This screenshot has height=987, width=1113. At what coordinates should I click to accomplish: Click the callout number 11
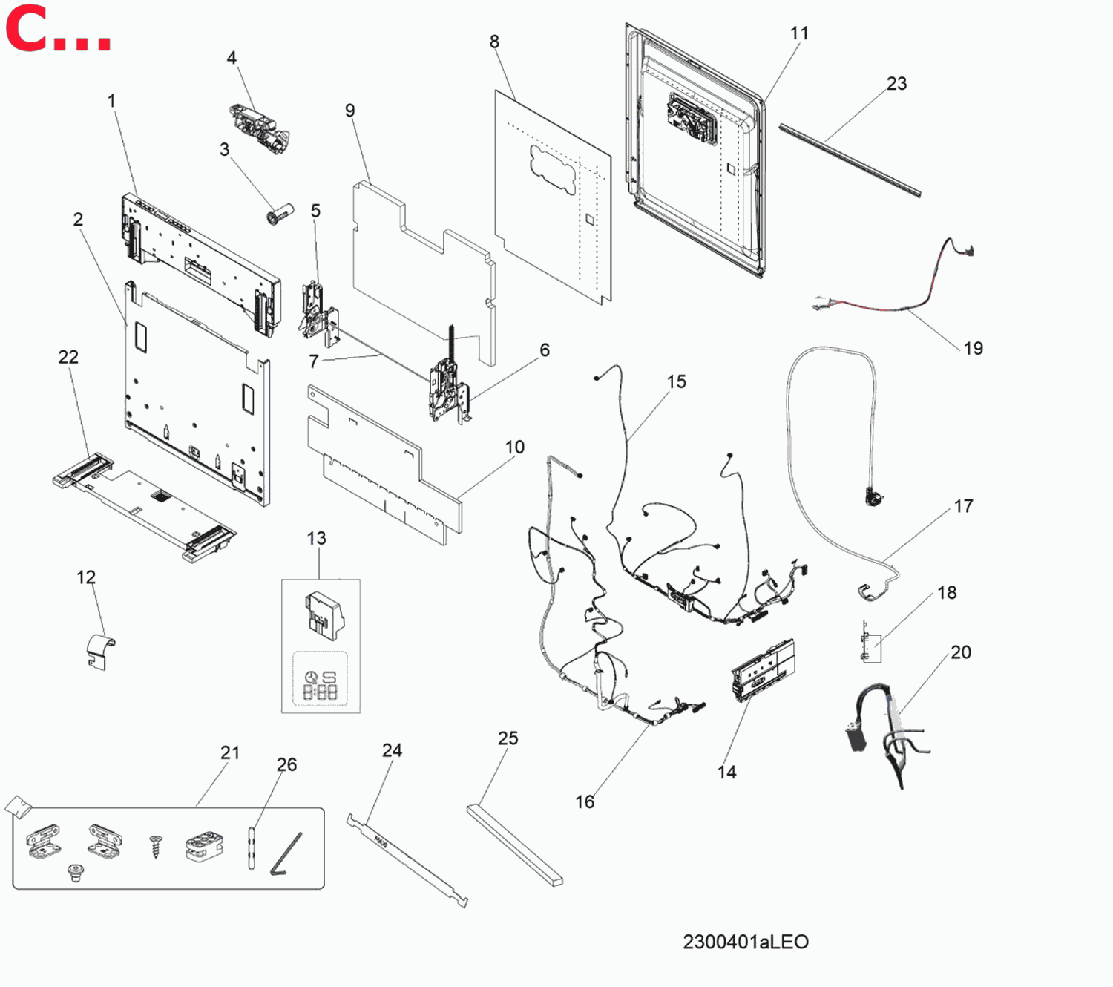[799, 33]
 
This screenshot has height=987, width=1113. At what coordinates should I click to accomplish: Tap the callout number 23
[896, 84]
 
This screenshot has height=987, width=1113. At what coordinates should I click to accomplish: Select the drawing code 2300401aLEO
[746, 942]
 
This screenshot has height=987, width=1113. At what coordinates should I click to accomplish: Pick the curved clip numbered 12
[102, 652]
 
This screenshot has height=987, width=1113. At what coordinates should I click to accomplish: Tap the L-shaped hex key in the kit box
[286, 853]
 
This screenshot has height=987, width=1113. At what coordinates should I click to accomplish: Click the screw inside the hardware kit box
[156, 846]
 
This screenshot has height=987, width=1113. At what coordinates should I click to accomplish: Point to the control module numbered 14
[763, 669]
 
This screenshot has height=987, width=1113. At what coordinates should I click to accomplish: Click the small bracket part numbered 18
[870, 642]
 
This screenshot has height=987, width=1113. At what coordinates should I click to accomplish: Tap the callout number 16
[585, 801]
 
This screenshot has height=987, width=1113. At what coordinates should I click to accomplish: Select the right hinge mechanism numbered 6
[450, 379]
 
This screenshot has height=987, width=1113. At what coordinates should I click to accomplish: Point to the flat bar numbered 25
[515, 846]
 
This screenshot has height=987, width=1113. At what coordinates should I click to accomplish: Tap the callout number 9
[350, 110]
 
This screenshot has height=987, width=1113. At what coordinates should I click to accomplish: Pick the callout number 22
[68, 357]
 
